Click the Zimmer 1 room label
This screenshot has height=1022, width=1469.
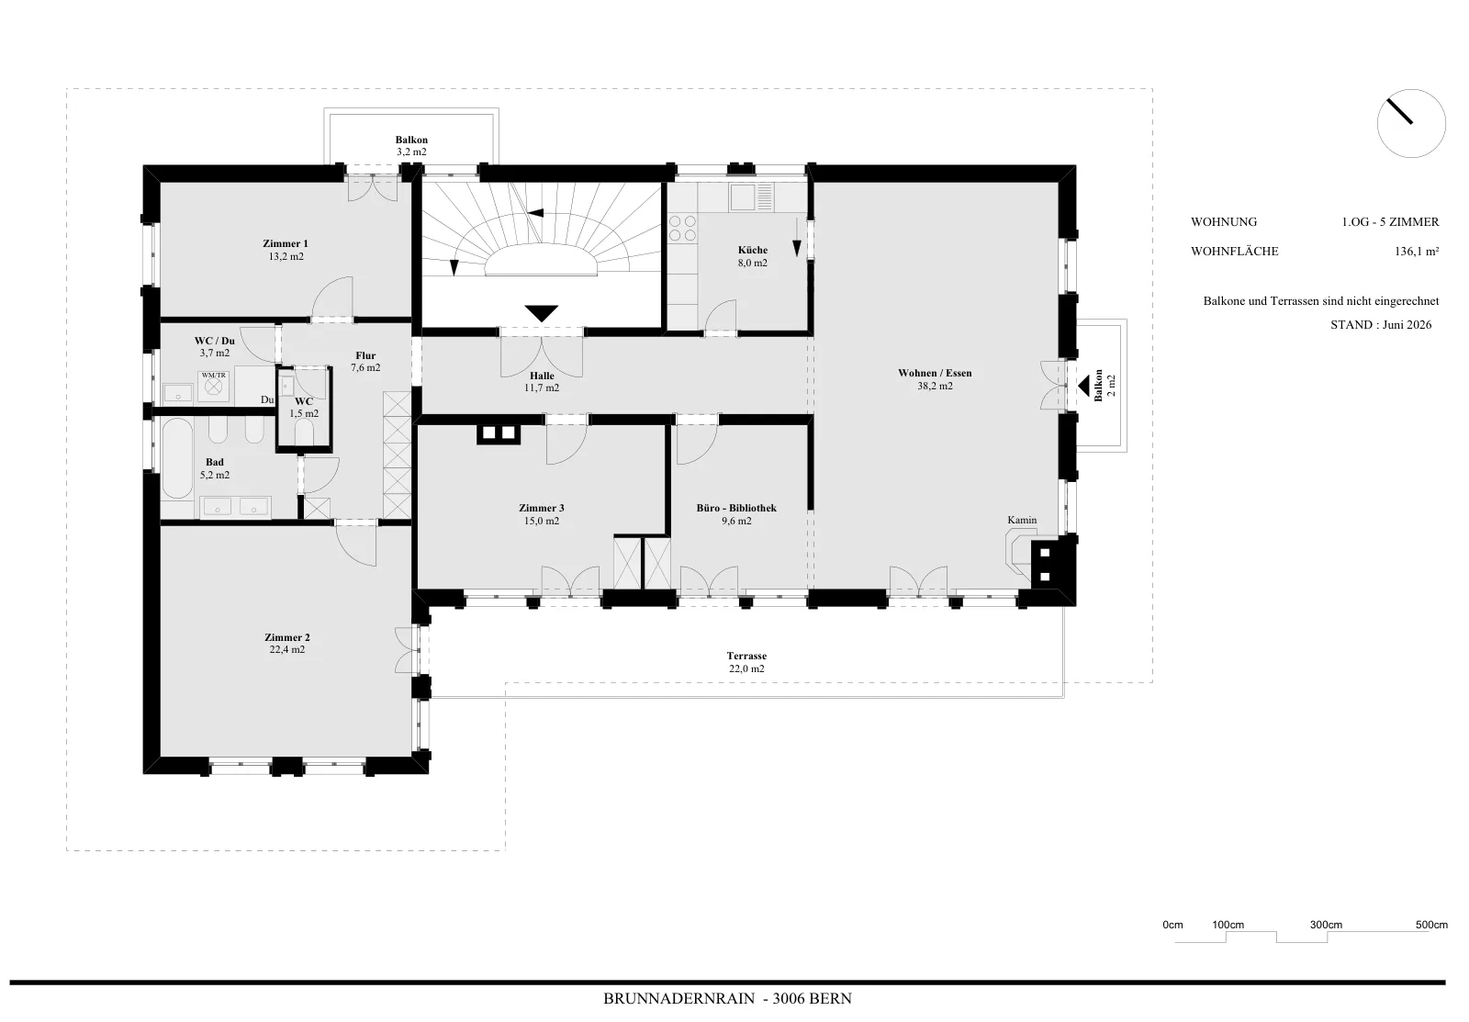286,244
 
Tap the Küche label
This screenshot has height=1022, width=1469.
752,250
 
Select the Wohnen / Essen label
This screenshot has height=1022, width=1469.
935,373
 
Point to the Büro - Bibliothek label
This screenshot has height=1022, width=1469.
736,508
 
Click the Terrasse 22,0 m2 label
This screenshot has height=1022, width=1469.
746,663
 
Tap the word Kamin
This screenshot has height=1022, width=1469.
1022,521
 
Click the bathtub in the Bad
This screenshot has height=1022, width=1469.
177,459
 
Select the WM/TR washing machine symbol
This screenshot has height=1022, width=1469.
213,386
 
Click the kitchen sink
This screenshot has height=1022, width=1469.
743,197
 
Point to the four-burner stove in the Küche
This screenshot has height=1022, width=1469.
683,229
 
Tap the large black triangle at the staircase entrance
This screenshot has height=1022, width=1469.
541,313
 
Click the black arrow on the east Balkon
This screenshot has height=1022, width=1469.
1083,385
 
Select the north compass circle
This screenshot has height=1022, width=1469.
1411,123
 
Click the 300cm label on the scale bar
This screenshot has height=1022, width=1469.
1326,925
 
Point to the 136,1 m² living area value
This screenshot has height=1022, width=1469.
1417,252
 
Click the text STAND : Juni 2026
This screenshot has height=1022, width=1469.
1381,325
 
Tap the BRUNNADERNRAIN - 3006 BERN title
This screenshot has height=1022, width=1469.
727,998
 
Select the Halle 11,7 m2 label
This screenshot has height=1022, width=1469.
542,382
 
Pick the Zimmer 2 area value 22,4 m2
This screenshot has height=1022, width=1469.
286,649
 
